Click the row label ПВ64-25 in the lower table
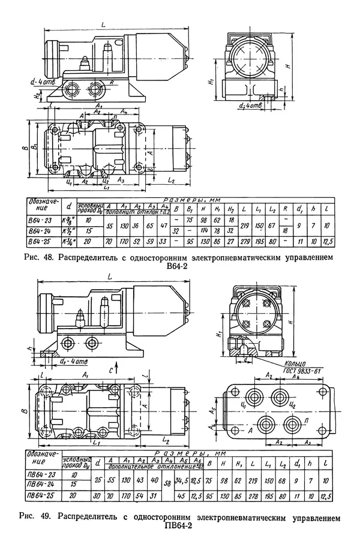point(41,495)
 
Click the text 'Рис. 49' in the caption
point(32,516)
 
